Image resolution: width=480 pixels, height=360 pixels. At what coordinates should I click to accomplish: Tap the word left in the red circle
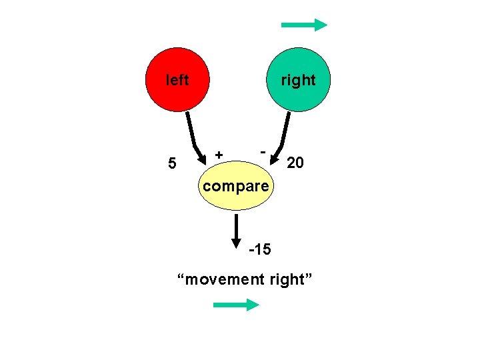tap(177, 81)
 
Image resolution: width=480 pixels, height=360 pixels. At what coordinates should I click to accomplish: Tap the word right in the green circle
tap(298, 81)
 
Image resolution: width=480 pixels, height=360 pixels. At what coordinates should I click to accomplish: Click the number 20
tap(295, 162)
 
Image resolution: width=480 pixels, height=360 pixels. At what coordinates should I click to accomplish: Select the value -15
tap(259, 250)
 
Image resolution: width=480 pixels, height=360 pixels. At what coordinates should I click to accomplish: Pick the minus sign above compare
tap(263, 152)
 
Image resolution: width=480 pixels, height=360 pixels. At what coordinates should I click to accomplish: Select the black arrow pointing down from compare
tap(237, 230)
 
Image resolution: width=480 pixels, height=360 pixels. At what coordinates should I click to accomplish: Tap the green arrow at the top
tap(304, 25)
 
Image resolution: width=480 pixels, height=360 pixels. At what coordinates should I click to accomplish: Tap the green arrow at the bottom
tap(235, 305)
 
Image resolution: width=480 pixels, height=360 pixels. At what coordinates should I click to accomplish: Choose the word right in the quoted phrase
tap(288, 279)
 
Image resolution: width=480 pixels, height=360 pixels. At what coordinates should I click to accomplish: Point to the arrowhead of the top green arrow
tap(321, 25)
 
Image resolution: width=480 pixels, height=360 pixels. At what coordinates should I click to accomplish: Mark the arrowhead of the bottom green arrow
tap(252, 305)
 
